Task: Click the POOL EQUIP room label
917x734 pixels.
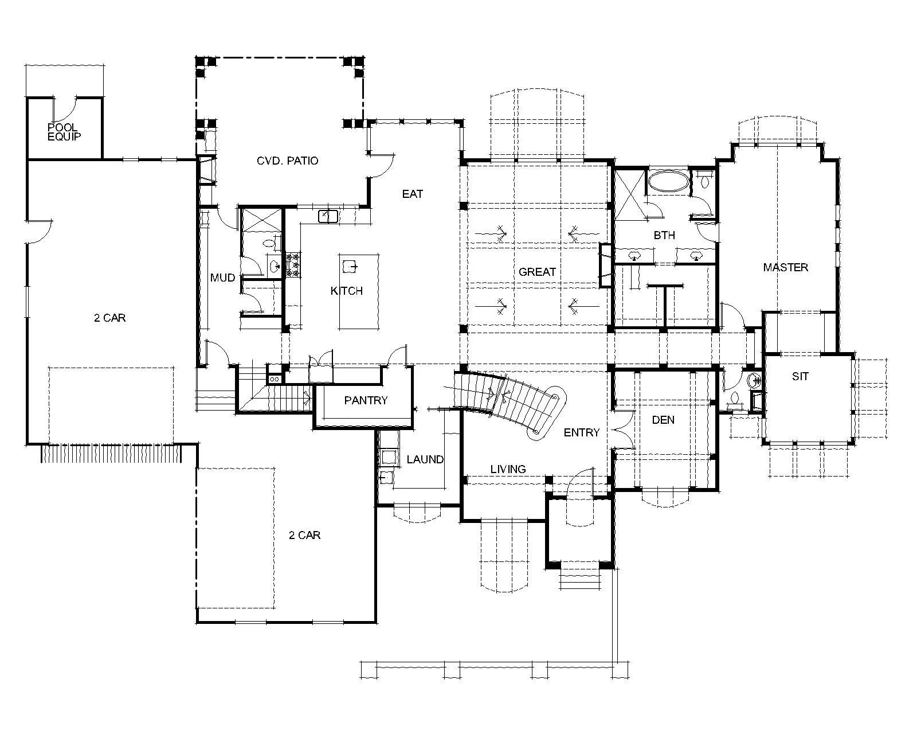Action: pos(64,132)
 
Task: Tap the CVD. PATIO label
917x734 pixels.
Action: pos(287,161)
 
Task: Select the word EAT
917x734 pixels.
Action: pos(413,194)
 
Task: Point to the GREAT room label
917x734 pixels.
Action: pos(537,272)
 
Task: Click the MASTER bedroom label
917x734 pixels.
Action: pos(785,267)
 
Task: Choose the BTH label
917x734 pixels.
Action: pos(664,235)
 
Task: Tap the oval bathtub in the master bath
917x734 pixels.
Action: pos(668,183)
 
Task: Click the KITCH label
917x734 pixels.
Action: pos(346,291)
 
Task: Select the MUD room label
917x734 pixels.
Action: pos(222,278)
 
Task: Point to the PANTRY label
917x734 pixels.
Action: pos(366,400)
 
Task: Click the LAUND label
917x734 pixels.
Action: pos(425,459)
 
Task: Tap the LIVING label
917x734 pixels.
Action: pos(508,469)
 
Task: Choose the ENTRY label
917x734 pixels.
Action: pos(581,432)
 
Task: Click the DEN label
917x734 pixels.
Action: pos(663,420)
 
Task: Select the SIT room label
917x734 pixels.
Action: pos(800,376)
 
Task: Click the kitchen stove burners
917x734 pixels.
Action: pos(293,264)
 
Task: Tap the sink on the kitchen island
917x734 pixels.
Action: pos(350,267)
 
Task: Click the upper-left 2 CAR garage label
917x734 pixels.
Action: pos(109,318)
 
